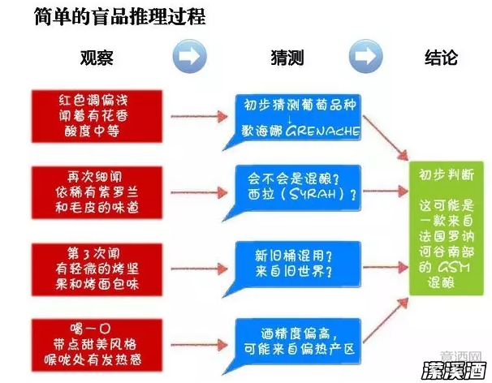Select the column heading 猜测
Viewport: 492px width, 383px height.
(x=287, y=58)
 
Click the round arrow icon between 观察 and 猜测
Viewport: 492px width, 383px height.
(x=190, y=57)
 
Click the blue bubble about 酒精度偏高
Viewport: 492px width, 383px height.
(x=296, y=336)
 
